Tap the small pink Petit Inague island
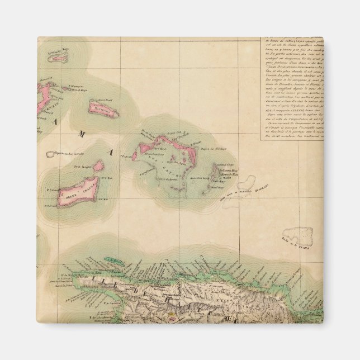[x=98, y=166]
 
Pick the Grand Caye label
[x=225, y=164]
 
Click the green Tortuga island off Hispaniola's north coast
[x=115, y=260]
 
